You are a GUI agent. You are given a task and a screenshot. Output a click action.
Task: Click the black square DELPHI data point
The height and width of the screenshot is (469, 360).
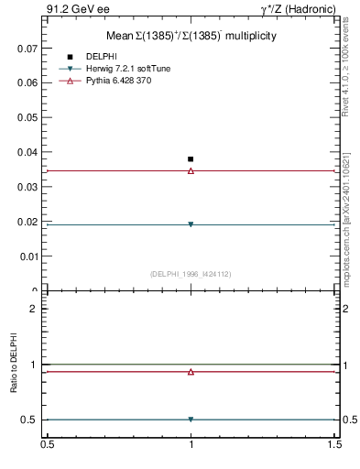[x=191, y=159]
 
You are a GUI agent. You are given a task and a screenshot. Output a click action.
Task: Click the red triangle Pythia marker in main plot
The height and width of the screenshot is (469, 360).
[x=191, y=170]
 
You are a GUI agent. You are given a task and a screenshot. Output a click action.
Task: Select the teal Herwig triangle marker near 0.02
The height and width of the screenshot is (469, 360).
[x=191, y=224]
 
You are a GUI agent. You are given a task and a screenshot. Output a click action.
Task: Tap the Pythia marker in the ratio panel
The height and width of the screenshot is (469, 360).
[x=191, y=372]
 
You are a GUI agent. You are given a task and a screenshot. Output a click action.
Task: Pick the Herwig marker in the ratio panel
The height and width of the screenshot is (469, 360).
[x=191, y=420]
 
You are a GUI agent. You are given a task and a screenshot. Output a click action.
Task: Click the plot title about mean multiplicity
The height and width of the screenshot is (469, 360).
[x=191, y=35]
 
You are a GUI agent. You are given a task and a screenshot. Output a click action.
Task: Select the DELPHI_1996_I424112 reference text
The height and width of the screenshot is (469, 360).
[x=191, y=274]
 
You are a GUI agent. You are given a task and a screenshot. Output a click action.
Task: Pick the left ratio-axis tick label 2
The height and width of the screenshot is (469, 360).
[x=33, y=309]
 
